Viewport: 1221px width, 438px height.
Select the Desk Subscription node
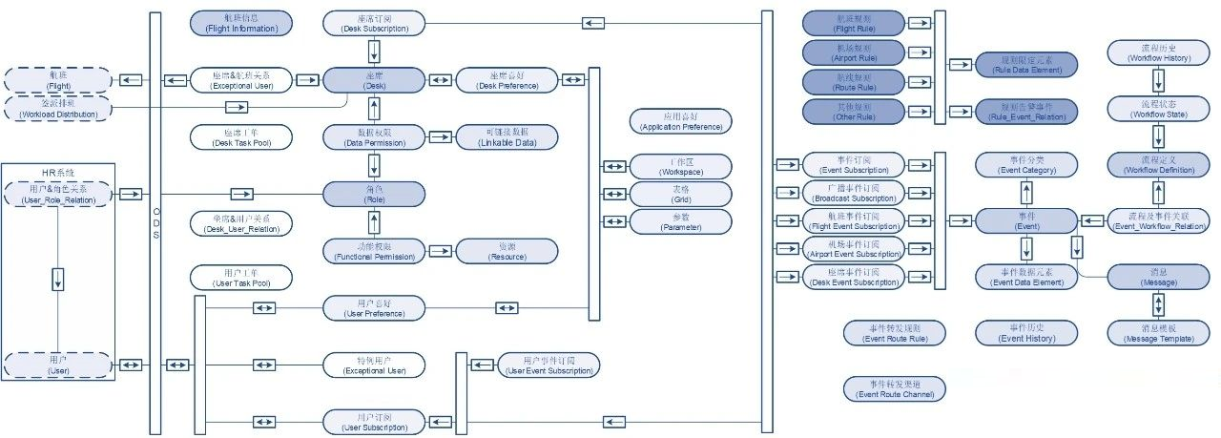(x=374, y=23)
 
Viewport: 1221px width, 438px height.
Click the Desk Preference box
(x=507, y=79)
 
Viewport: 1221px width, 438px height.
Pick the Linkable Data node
(x=507, y=136)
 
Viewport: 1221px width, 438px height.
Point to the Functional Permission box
(x=374, y=251)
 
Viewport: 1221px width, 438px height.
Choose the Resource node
(x=507, y=251)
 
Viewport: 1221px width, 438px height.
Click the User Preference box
(x=374, y=307)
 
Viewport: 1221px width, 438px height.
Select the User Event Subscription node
(x=548, y=365)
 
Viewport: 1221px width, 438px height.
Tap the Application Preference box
(x=681, y=120)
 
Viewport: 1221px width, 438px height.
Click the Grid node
(x=681, y=194)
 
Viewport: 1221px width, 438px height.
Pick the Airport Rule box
(x=854, y=52)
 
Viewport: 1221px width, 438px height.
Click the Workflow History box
(x=1157, y=52)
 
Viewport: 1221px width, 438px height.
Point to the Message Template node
(x=1157, y=332)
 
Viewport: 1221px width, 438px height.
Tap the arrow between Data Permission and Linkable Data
(x=440, y=136)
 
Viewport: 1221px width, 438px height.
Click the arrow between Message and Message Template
(x=1158, y=304)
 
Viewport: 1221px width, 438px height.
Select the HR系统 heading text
(x=58, y=173)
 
